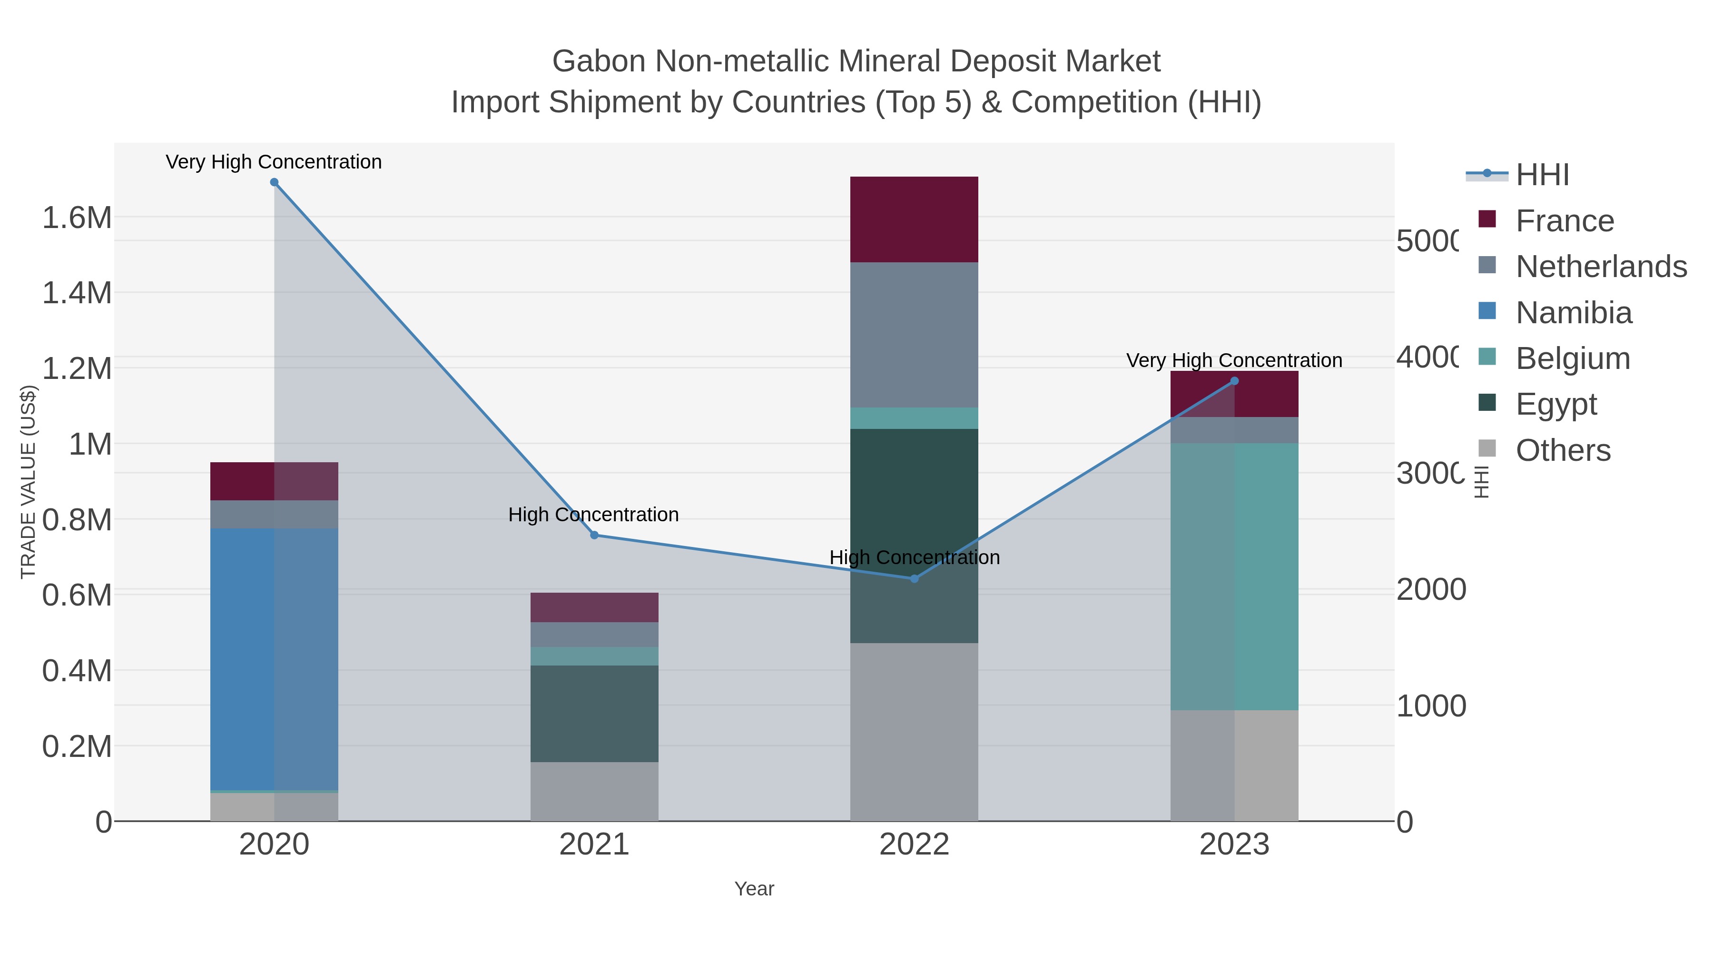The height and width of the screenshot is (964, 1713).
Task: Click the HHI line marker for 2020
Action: (x=274, y=182)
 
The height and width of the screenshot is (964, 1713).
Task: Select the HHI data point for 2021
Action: (x=594, y=535)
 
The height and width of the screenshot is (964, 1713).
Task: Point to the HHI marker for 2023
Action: (x=1234, y=381)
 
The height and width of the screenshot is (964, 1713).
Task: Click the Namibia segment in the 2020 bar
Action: (x=274, y=659)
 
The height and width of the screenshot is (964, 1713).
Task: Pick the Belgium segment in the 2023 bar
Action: (x=1234, y=576)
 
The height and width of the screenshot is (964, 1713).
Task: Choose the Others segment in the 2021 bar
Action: (x=594, y=791)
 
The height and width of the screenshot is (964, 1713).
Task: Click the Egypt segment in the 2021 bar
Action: (x=594, y=713)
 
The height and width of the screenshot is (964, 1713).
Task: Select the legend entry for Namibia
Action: (x=1574, y=313)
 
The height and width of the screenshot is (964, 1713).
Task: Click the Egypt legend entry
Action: (x=1556, y=404)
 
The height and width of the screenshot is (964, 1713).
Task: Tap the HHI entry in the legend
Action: (x=1542, y=175)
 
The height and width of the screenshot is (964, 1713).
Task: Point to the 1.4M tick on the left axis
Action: (x=77, y=293)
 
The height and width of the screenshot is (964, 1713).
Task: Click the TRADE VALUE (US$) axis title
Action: (x=29, y=482)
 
